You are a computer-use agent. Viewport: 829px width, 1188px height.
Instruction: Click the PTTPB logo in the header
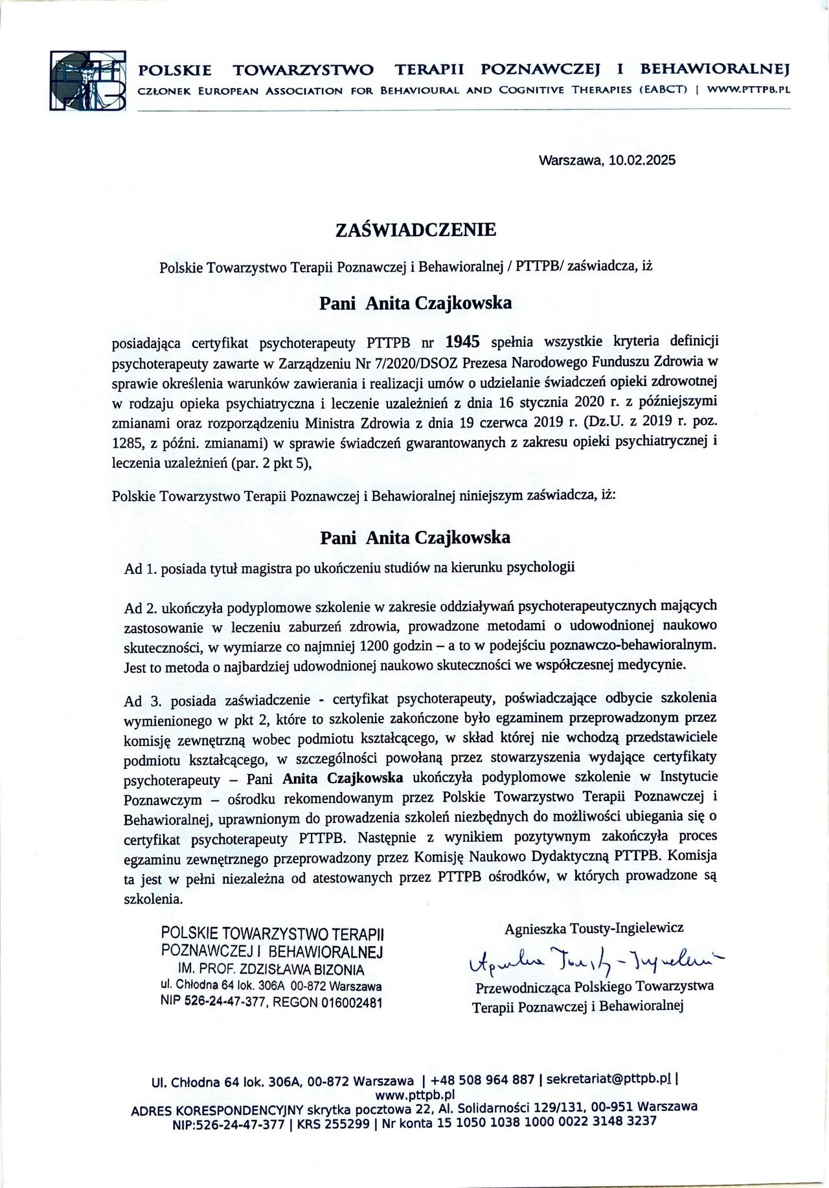[88, 80]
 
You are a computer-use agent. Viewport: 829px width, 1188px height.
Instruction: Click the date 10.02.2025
[642, 160]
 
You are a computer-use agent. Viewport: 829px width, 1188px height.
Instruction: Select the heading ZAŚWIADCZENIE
[415, 230]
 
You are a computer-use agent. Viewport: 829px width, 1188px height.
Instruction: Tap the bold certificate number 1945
[462, 341]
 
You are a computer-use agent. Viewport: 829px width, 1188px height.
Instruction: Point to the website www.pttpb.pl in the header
[749, 90]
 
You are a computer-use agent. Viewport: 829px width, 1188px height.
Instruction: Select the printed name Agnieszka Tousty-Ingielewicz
[594, 928]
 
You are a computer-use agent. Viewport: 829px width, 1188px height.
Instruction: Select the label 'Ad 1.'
[141, 569]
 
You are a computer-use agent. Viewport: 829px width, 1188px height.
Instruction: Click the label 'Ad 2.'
[141, 608]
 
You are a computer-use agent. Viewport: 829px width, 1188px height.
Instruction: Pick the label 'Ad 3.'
[141, 701]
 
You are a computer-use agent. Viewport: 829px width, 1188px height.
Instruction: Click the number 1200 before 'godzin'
[378, 645]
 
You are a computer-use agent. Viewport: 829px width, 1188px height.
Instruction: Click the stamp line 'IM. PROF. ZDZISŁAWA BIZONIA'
[271, 969]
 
